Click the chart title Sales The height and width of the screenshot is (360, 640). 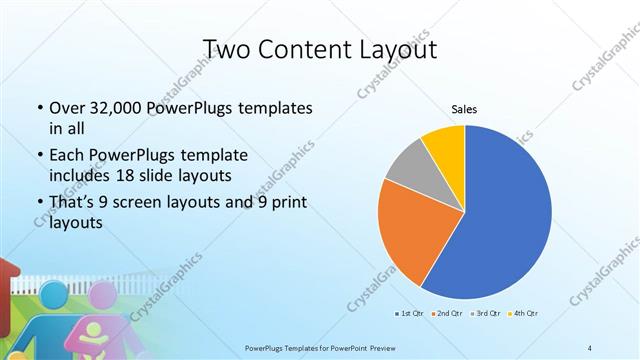point(464,109)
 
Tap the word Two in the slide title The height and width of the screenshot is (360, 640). point(226,48)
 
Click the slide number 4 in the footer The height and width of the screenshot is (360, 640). point(590,347)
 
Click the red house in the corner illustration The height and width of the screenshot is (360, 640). point(8,280)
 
